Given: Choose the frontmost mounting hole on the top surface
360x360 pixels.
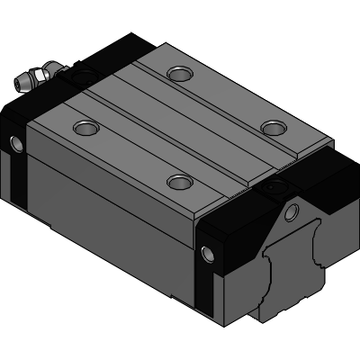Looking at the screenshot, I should tap(180, 183).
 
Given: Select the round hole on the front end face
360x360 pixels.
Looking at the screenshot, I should tap(291, 212).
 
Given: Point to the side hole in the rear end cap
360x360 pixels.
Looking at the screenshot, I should tap(14, 142).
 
